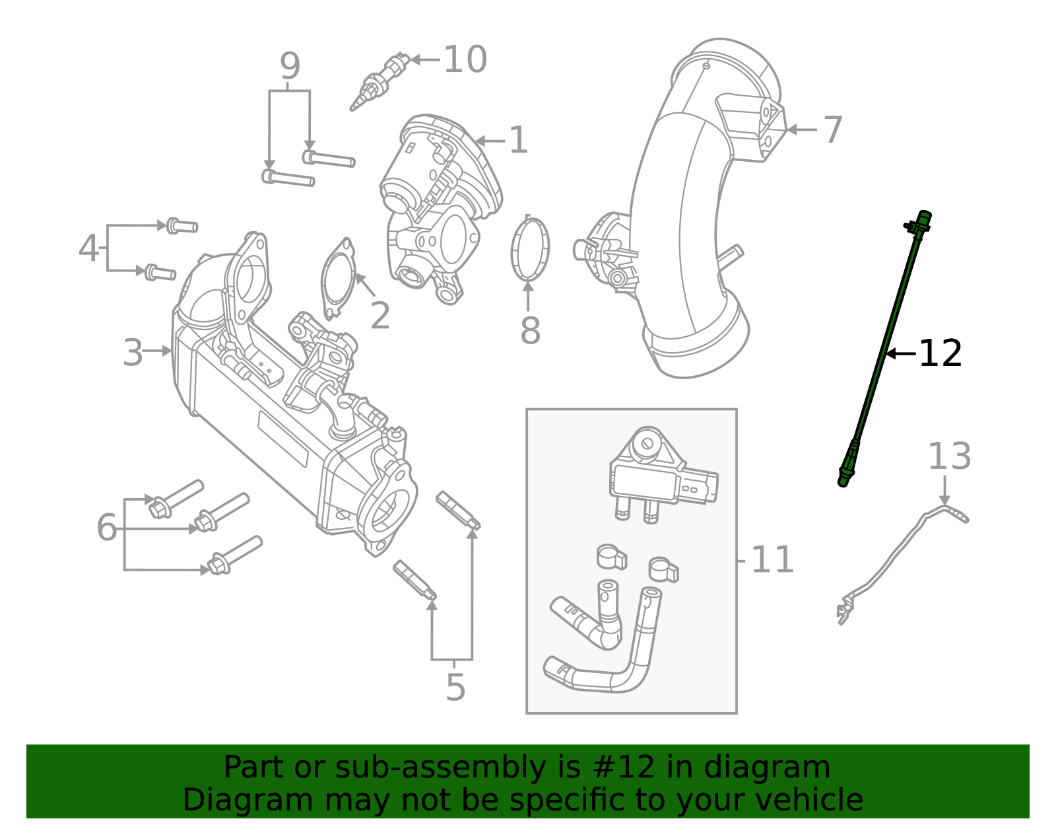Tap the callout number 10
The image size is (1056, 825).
click(465, 60)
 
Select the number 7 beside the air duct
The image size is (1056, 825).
click(833, 129)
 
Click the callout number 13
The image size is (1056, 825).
click(949, 456)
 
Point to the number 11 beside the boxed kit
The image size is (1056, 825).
click(772, 560)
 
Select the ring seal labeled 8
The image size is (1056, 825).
click(530, 250)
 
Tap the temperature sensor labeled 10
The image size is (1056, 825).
click(379, 83)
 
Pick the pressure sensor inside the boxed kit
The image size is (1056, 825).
click(660, 476)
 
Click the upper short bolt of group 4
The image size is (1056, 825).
click(181, 226)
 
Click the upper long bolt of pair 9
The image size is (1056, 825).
click(329, 159)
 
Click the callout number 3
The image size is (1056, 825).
click(133, 353)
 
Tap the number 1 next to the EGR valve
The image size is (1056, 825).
click(519, 141)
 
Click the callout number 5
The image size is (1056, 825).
click(455, 688)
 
